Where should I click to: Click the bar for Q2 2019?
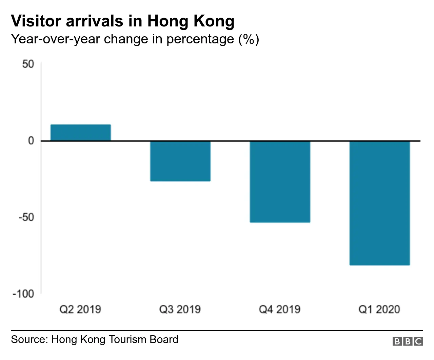point(81,133)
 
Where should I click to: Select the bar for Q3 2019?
point(180,161)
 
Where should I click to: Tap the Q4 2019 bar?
point(280,182)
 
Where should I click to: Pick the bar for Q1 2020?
point(380,203)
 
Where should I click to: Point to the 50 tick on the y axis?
point(28,64)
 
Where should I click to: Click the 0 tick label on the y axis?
point(31,141)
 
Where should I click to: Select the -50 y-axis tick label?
point(26,217)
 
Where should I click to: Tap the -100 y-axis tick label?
point(23,294)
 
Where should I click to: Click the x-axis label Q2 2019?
point(80,309)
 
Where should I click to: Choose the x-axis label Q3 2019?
point(180,309)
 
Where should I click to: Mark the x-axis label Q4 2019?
point(280,309)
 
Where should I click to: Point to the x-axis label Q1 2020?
point(379,309)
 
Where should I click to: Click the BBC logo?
point(408,341)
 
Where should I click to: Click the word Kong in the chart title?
point(214,21)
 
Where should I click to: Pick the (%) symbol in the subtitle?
point(249,39)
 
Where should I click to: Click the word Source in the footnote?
point(29,339)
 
